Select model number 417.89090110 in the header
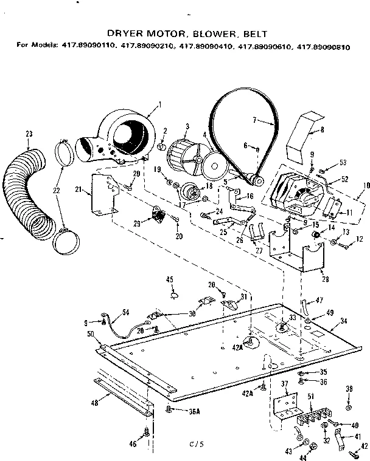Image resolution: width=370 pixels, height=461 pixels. click(86, 45)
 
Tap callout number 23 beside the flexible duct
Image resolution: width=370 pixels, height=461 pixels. click(28, 134)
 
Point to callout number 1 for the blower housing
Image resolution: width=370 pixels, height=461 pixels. click(159, 103)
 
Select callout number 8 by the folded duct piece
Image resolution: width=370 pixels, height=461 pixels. click(321, 129)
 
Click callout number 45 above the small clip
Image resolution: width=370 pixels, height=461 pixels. click(170, 279)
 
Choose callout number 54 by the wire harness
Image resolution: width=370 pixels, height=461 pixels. click(125, 312)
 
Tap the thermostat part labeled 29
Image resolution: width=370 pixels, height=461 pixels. click(159, 214)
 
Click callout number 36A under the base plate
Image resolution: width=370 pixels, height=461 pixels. click(194, 411)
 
